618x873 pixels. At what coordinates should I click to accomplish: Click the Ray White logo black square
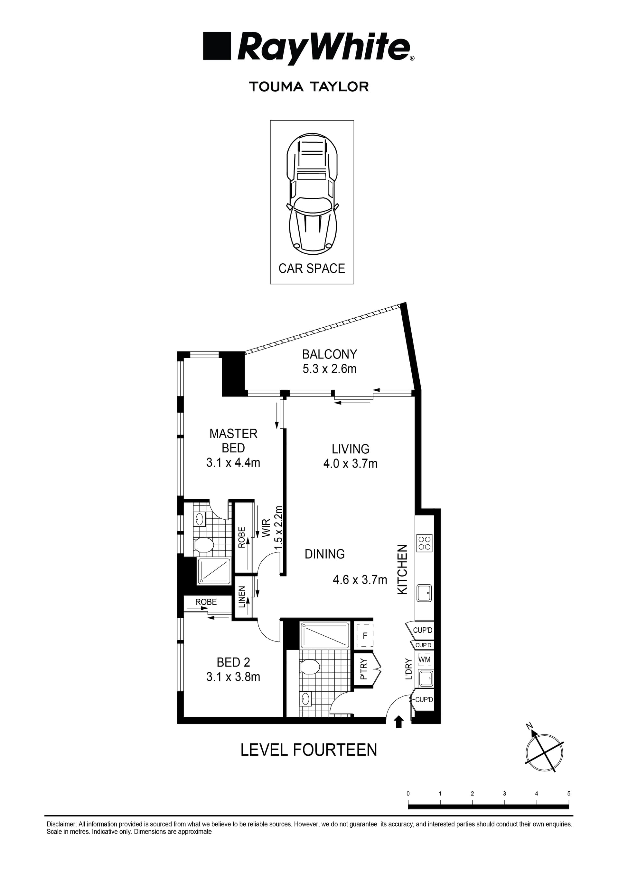[x=217, y=46]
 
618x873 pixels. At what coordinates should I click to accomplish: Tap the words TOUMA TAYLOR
[x=309, y=87]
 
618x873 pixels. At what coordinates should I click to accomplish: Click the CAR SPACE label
[x=312, y=268]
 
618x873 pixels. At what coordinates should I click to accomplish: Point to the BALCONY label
[x=330, y=354]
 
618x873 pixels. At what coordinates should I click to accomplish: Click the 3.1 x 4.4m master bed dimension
[x=233, y=463]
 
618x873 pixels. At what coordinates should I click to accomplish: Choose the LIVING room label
[x=351, y=449]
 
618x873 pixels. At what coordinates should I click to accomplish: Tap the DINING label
[x=324, y=554]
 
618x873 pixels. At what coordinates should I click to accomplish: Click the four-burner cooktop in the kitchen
[x=425, y=543]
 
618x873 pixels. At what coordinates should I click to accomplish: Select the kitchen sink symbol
[x=424, y=593]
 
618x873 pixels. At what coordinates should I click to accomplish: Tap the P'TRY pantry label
[x=363, y=669]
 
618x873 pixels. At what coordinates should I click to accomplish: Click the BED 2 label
[x=233, y=662]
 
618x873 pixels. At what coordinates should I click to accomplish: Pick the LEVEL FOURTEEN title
[x=309, y=758]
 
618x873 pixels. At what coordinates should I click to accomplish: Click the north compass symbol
[x=544, y=752]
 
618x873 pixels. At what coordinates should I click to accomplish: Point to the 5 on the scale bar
[x=569, y=794]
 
